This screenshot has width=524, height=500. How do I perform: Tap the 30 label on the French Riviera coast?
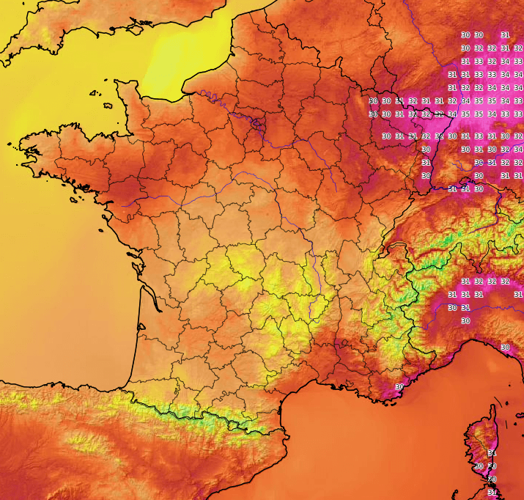click(x=399, y=386)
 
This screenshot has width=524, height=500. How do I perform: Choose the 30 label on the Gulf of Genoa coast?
click(x=505, y=347)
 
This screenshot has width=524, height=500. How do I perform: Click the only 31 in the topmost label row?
click(x=505, y=34)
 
